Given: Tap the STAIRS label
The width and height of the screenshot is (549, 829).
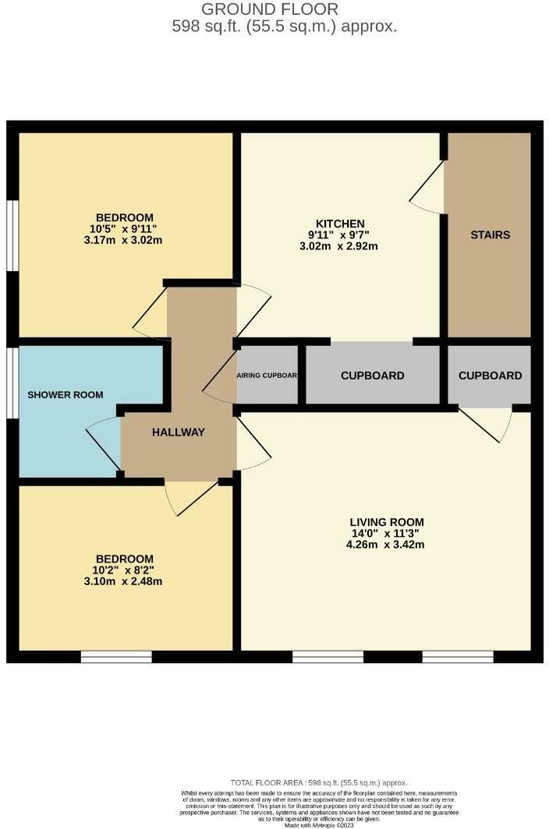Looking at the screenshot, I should click(490, 235).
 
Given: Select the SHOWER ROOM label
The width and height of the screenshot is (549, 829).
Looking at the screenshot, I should click(66, 395).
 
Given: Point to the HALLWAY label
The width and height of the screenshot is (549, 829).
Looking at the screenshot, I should click(179, 432).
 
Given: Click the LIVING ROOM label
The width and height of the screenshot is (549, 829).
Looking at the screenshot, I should click(387, 522).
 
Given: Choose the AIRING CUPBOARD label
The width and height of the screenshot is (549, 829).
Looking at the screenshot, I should click(267, 376).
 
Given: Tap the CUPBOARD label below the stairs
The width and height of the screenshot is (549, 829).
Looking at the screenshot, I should click(490, 376).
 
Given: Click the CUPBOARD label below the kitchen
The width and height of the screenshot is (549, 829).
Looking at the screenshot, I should click(373, 376).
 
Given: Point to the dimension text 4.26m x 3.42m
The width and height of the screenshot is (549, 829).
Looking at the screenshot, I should click(387, 545).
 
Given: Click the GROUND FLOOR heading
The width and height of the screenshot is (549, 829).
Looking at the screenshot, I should click(270, 9).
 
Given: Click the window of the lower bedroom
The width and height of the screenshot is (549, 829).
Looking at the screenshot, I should click(116, 657).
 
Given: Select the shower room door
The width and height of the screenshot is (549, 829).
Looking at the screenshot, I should click(104, 444).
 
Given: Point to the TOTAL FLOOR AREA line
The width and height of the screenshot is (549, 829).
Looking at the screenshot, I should click(319, 783).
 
